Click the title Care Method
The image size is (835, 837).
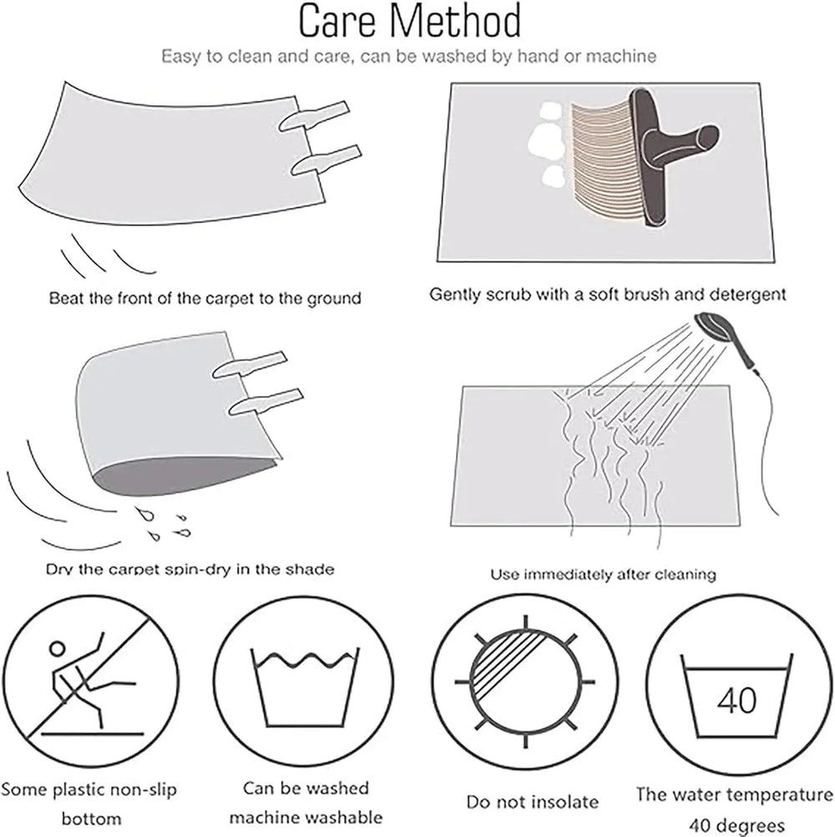(409, 22)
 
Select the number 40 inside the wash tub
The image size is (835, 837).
(736, 700)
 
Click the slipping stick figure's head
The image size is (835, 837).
(57, 648)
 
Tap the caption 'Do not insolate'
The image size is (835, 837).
(533, 802)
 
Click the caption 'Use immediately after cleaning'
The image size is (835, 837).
(603, 575)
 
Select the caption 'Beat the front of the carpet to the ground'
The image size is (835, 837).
(205, 298)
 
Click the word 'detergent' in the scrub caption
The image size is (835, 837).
(746, 294)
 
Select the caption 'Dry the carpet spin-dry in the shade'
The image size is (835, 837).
(190, 569)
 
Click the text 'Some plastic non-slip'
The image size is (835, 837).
(89, 790)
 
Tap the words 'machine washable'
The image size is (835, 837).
(306, 817)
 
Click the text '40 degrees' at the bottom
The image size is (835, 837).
(736, 825)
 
